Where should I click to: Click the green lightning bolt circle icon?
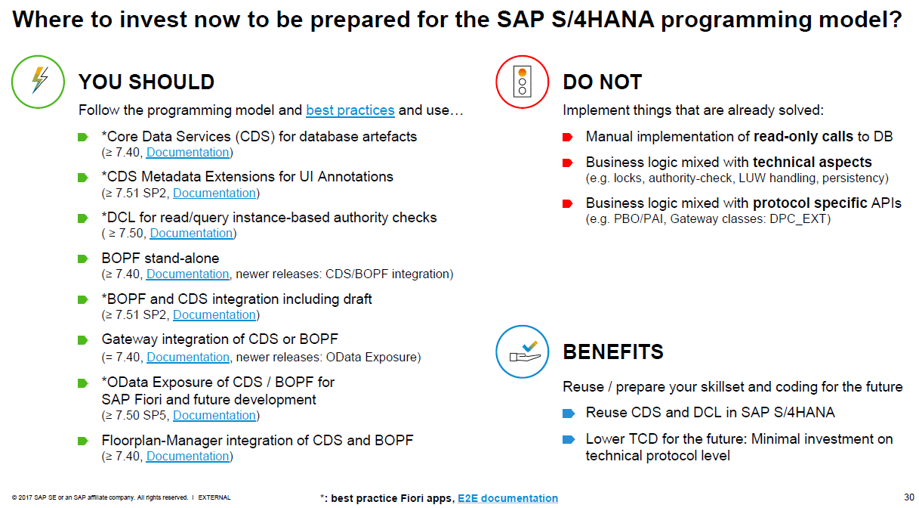pos(38,82)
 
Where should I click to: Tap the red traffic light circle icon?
pos(522,82)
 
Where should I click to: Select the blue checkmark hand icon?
pos(522,352)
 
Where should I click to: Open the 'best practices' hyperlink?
pos(350,110)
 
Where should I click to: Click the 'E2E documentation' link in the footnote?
pos(507,498)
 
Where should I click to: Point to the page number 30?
pos(908,497)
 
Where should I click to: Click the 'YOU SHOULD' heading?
pos(146,82)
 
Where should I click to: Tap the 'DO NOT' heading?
pos(603,82)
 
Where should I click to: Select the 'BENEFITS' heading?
pos(613,352)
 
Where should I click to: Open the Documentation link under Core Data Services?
pos(187,153)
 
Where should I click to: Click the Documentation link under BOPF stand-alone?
pos(187,274)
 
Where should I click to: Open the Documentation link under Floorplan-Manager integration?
pos(187,457)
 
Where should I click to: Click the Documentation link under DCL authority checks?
pos(191,234)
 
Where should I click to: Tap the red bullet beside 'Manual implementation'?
pos(567,137)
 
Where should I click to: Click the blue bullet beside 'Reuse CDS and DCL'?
pos(568,414)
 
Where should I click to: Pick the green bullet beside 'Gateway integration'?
pos(83,340)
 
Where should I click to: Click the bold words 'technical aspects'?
pos(812,163)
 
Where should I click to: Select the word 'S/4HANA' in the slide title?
pos(603,19)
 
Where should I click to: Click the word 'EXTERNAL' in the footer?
pos(214,497)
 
